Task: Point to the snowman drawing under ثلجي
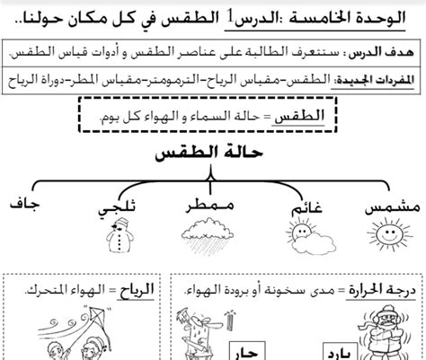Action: point(115,239)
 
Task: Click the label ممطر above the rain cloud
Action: point(207,206)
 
